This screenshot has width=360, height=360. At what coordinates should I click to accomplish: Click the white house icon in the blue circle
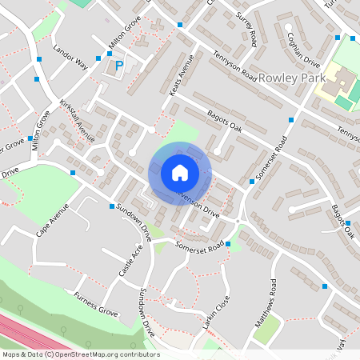pos(180,173)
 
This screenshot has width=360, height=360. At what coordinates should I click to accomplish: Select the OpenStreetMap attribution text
pos(80,354)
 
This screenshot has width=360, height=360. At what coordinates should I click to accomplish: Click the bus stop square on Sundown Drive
pos(111,206)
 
